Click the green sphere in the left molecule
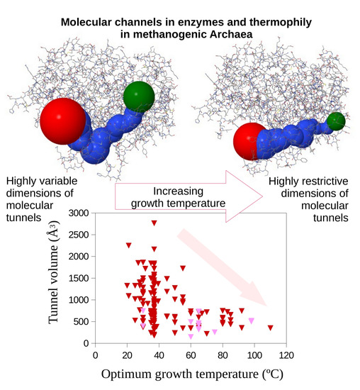tap(138, 97)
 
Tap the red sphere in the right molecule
tap(249, 140)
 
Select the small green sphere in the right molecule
tap(336, 121)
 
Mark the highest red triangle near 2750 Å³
tap(154, 223)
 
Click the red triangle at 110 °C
tap(271, 328)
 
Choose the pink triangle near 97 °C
tap(251, 321)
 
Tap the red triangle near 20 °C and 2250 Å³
tap(129, 245)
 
